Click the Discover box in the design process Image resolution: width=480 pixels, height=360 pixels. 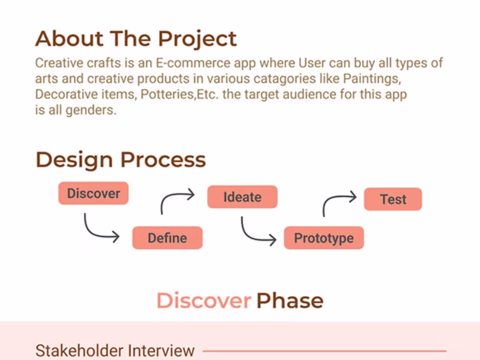click(x=93, y=193)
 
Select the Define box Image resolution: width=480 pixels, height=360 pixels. click(x=167, y=238)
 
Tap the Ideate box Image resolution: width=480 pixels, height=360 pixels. click(x=242, y=197)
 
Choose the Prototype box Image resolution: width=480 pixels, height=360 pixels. click(x=323, y=238)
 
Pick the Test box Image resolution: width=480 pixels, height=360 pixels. click(x=393, y=199)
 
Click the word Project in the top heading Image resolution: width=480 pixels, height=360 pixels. click(x=197, y=39)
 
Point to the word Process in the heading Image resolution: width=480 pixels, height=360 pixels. click(x=163, y=159)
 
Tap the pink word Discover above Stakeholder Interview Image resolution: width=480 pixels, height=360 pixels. click(x=204, y=301)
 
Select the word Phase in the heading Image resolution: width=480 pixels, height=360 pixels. click(x=290, y=301)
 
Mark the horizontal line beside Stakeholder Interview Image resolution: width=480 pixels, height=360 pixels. click(x=324, y=350)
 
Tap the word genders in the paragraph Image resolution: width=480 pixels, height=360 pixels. click(x=90, y=110)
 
